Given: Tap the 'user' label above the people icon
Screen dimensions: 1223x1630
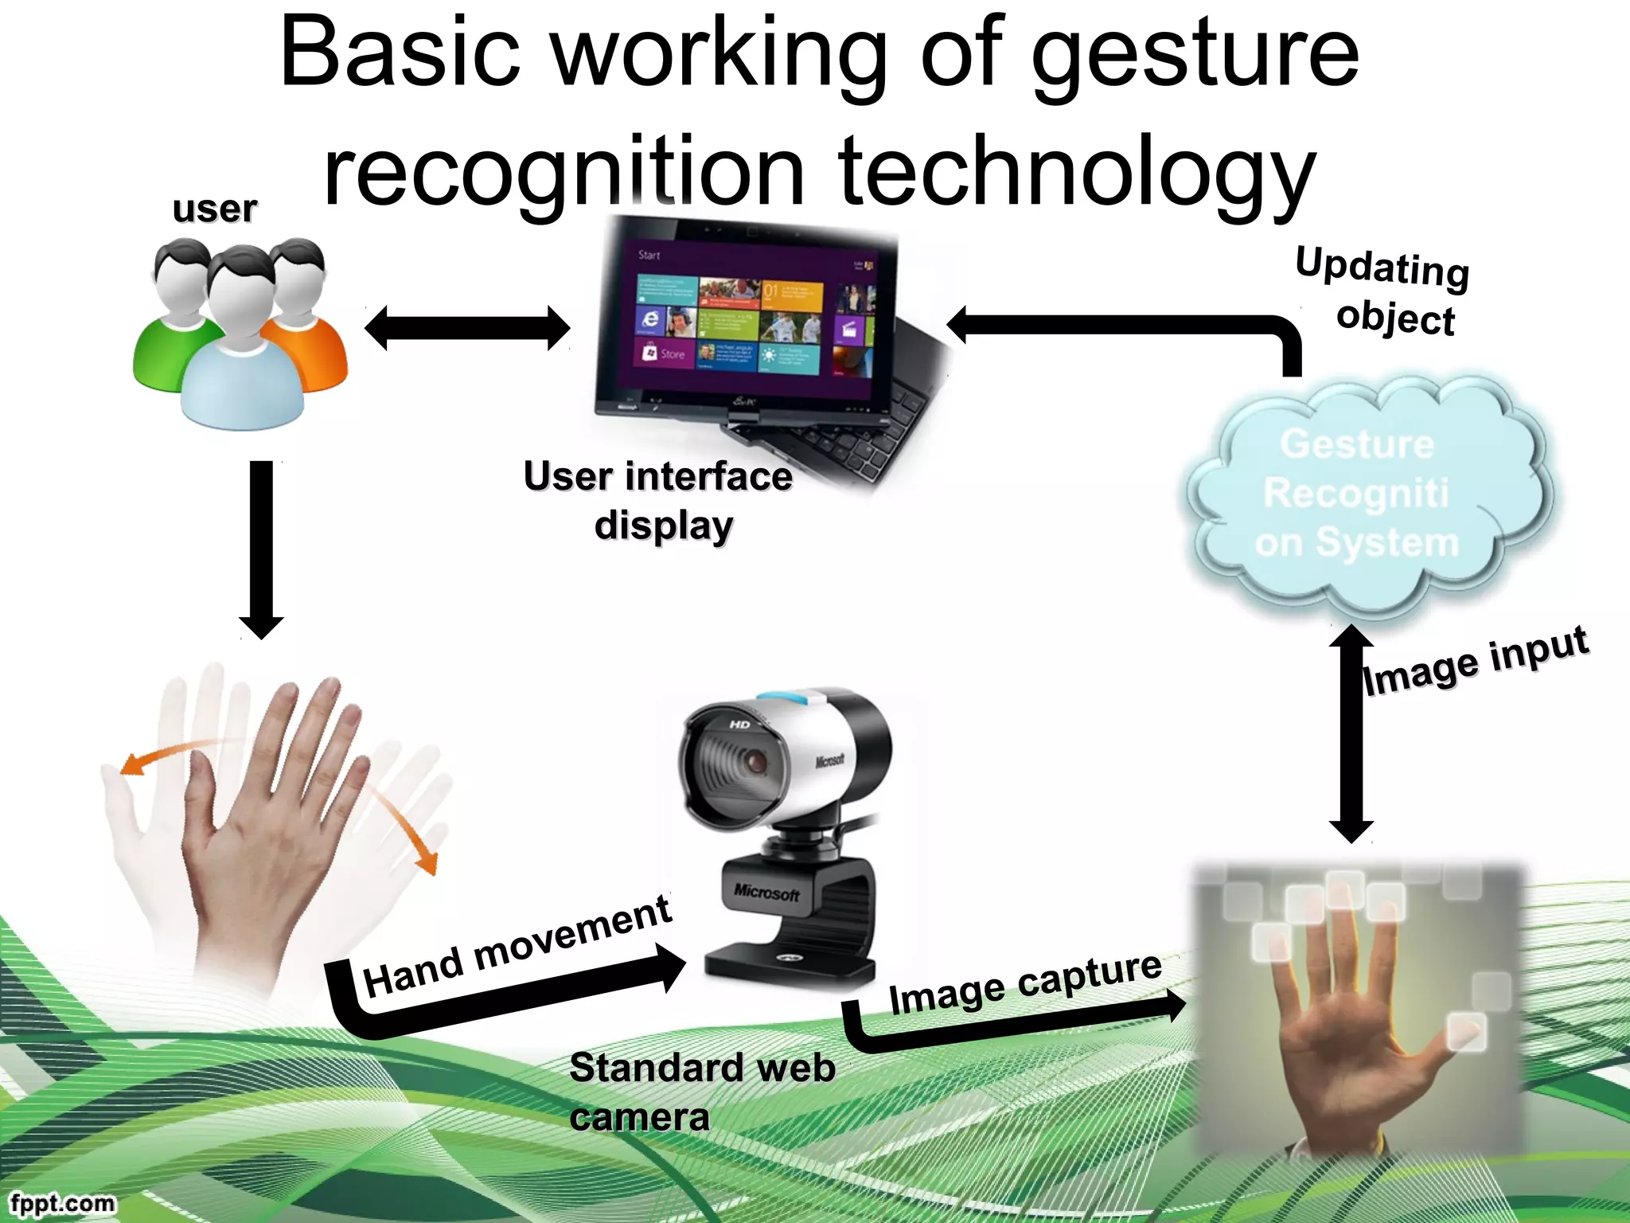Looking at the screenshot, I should [214, 209].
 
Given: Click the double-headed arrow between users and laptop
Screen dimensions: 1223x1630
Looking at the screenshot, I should [467, 328].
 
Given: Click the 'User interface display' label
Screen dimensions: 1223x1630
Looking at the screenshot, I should [659, 501].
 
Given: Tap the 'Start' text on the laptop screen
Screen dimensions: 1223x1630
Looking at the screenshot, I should [649, 256].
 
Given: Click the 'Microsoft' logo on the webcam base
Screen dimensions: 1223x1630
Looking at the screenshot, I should [766, 893].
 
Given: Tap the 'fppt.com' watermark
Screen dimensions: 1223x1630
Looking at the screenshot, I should [63, 1202].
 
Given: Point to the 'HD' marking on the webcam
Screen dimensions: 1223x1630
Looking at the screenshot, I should [739, 724].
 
